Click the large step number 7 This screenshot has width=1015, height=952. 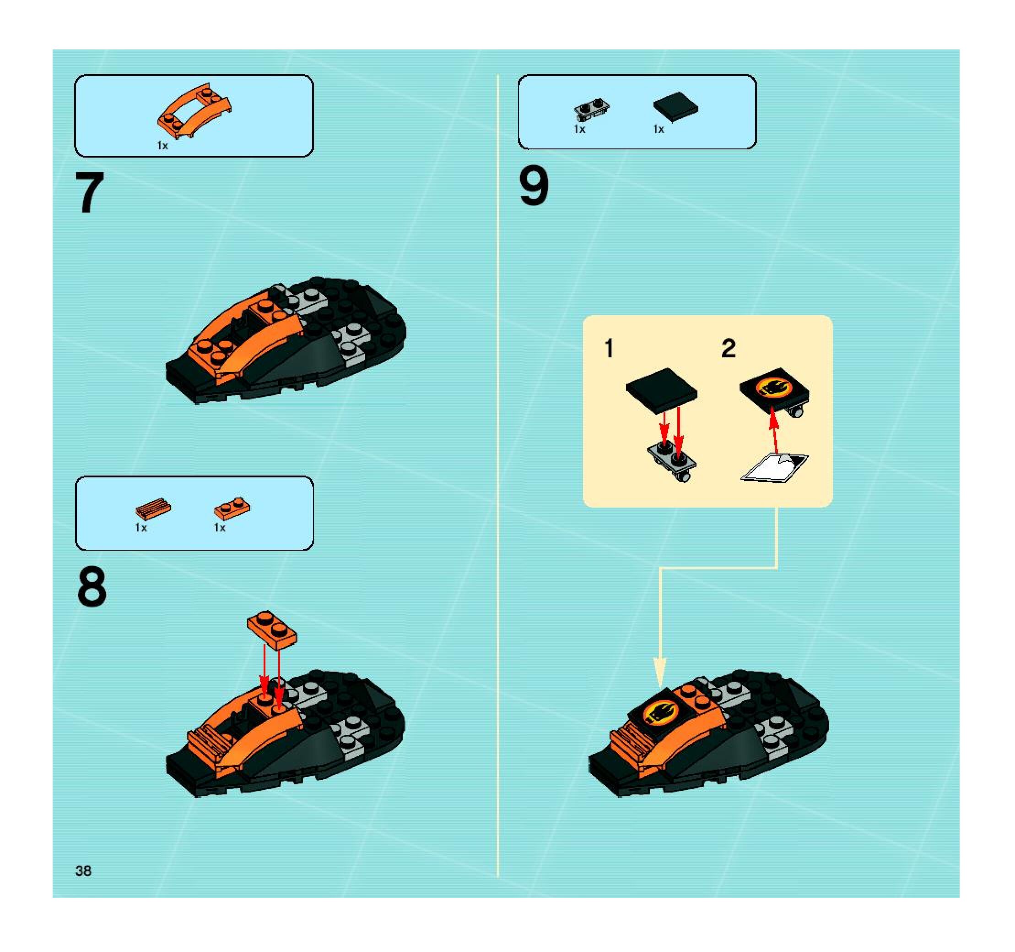90,193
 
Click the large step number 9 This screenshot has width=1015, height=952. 534,187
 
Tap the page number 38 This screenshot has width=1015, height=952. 83,871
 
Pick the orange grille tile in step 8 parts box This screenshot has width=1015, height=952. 153,509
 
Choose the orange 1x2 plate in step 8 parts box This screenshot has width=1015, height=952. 232,508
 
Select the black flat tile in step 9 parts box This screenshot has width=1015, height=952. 675,107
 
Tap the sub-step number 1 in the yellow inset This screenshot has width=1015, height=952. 609,349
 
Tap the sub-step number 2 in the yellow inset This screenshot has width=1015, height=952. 729,349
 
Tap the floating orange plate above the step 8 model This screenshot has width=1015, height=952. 272,629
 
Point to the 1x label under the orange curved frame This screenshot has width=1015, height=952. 162,146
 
